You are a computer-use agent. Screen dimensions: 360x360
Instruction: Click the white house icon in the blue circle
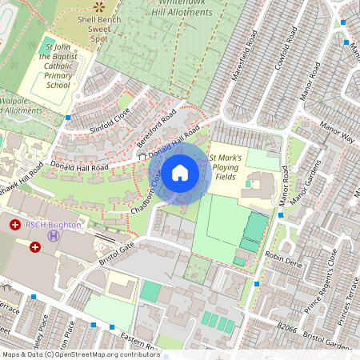[x=180, y=173]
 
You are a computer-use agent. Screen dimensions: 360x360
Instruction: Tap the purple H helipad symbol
[x=53, y=235]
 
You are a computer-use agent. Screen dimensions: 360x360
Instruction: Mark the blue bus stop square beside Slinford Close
[x=68, y=118]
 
